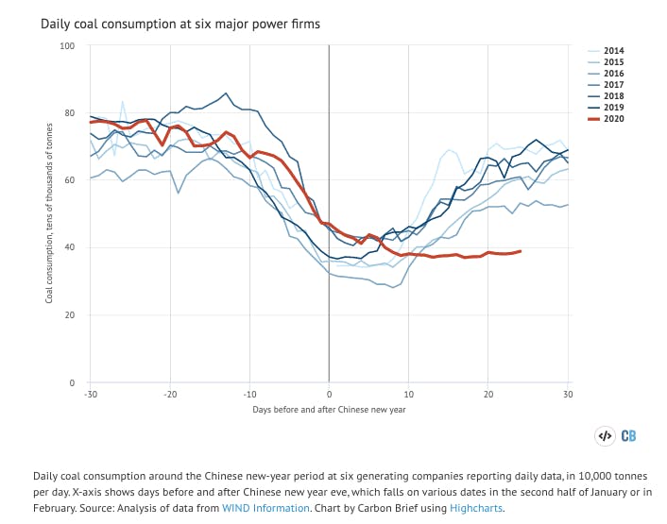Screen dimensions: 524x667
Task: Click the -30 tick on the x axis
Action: click(x=90, y=393)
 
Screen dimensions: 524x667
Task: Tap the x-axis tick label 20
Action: click(x=487, y=393)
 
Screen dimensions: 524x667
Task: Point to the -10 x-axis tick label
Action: click(x=248, y=393)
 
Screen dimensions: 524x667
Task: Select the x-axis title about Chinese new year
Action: click(x=328, y=410)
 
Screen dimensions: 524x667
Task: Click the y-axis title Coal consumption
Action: click(x=49, y=213)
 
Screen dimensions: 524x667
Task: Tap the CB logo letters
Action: click(x=628, y=436)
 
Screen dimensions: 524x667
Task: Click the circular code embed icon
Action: click(x=605, y=436)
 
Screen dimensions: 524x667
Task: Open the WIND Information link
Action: click(x=265, y=508)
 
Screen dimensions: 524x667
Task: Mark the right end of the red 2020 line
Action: click(x=521, y=251)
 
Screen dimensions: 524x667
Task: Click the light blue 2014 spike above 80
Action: click(x=122, y=101)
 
